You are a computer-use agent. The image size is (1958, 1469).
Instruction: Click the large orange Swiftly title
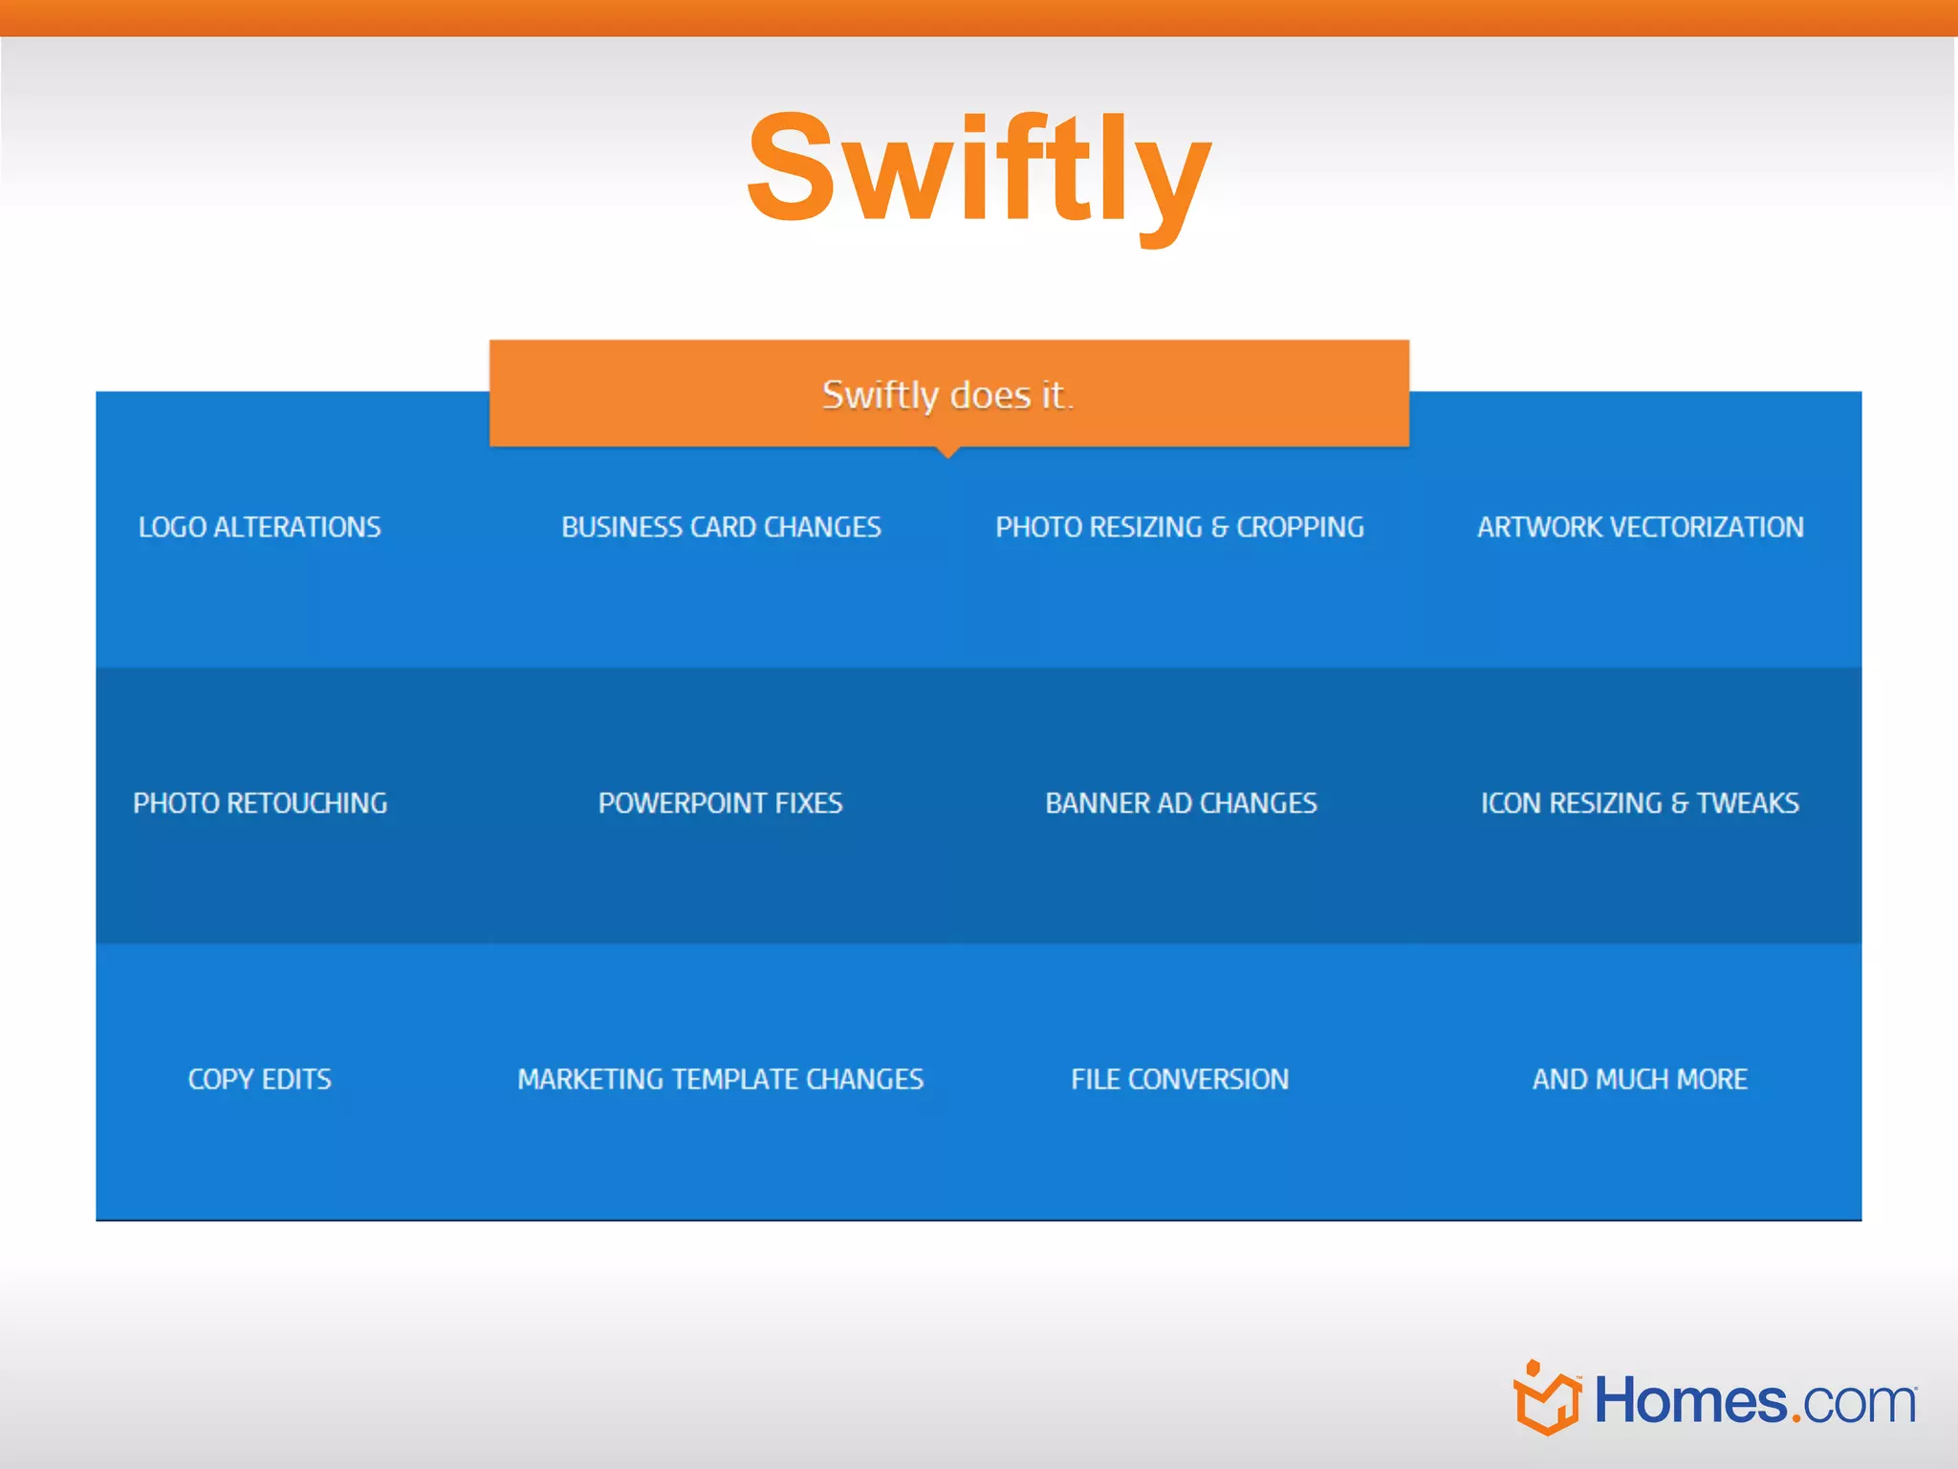[978, 170]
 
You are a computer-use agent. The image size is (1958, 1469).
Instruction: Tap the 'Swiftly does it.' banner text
[947, 394]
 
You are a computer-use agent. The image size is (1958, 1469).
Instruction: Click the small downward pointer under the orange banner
[947, 452]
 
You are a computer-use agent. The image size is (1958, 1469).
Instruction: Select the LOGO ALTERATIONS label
[259, 527]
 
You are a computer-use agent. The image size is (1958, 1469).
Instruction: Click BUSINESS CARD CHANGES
[721, 527]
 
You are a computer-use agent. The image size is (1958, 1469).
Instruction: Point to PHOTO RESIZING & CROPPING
[1180, 527]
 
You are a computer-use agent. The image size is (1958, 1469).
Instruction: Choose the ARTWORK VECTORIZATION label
[1640, 527]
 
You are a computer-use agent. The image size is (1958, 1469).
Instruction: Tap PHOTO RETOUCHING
[260, 802]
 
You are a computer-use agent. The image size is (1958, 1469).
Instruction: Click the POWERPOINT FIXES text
[720, 802]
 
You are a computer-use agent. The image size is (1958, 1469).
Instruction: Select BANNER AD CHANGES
[1181, 802]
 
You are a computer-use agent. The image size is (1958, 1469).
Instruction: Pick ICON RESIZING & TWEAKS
[1640, 802]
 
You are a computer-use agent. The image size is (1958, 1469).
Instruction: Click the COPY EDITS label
[259, 1079]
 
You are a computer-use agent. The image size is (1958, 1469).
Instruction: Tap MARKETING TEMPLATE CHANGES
[720, 1079]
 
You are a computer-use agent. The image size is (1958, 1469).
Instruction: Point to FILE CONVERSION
[1180, 1079]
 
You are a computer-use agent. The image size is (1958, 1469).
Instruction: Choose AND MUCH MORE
[1640, 1079]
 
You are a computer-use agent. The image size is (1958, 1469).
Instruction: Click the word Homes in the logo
[1689, 1402]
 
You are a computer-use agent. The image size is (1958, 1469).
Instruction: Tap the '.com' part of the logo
[1854, 1404]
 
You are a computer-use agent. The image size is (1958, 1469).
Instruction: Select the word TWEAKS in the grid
[1748, 802]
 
